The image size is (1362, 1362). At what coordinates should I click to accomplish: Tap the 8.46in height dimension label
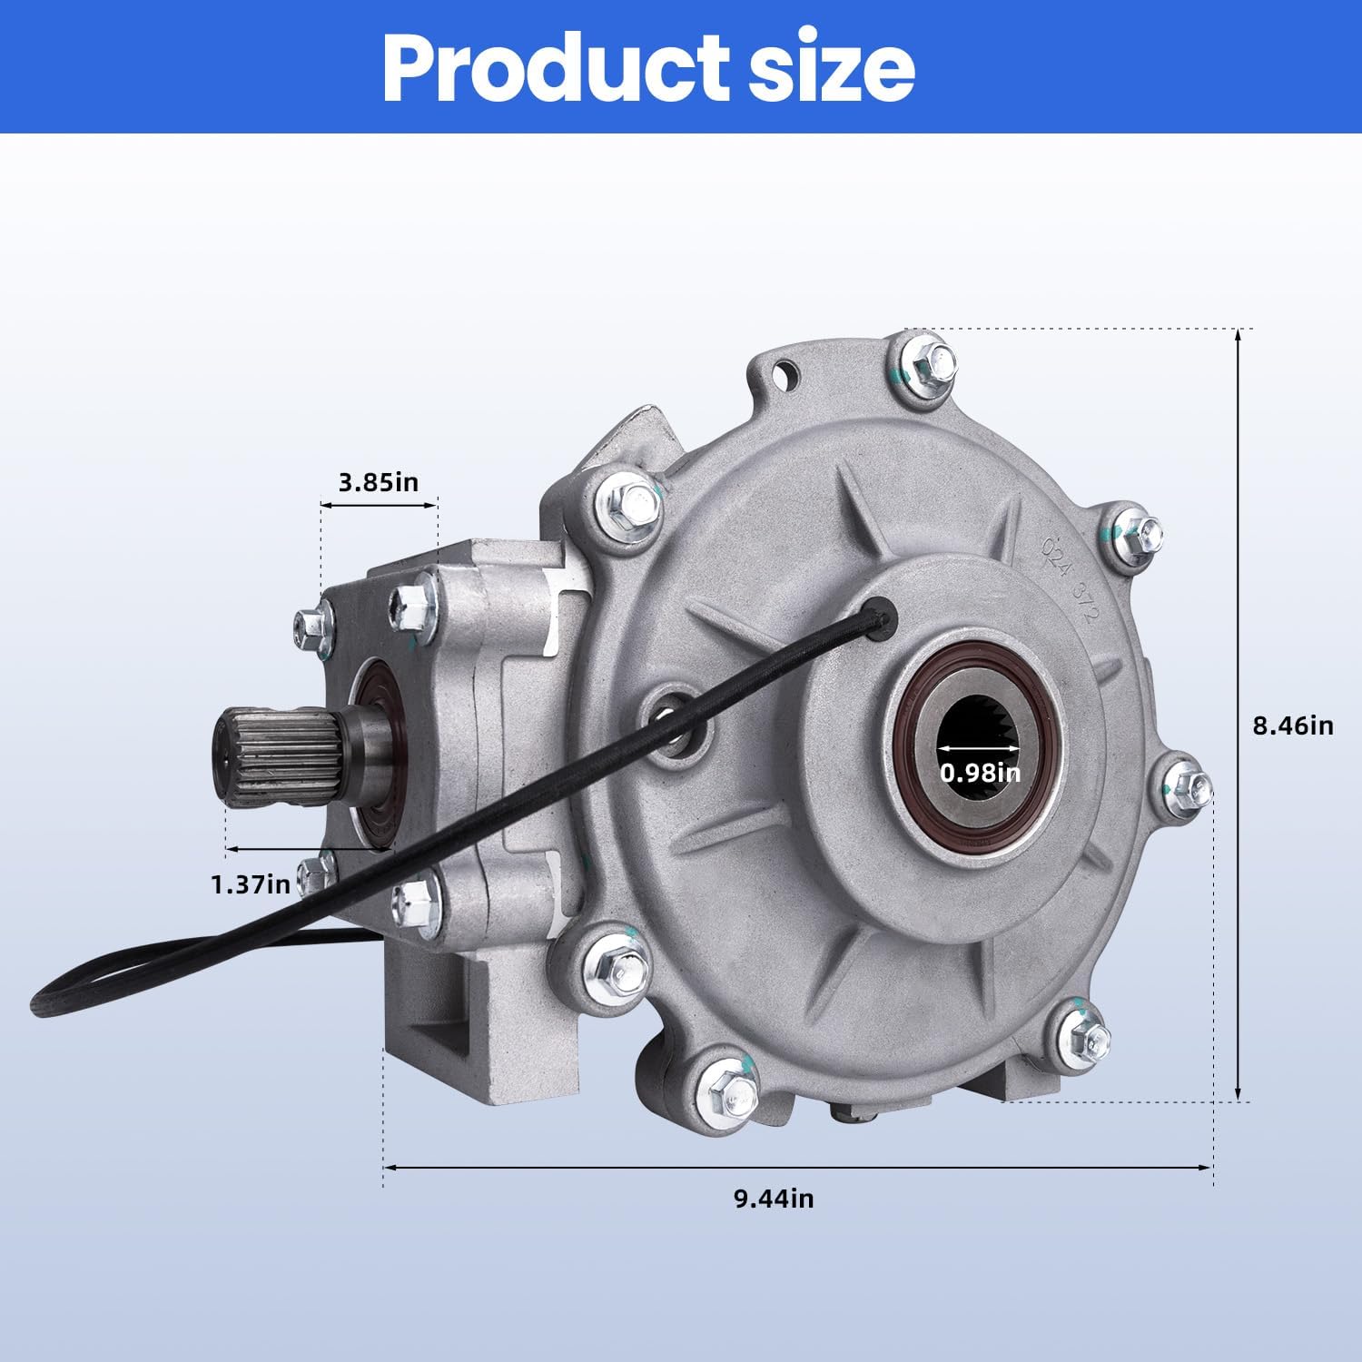tap(1293, 725)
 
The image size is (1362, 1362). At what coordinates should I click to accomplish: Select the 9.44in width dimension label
tap(774, 1199)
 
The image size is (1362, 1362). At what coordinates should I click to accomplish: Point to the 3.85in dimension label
tap(379, 481)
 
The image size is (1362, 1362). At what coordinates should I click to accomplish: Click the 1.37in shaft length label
tap(251, 883)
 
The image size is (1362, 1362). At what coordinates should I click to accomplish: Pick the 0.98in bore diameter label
tap(980, 773)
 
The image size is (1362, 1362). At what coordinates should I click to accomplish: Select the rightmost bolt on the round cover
tap(1188, 783)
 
